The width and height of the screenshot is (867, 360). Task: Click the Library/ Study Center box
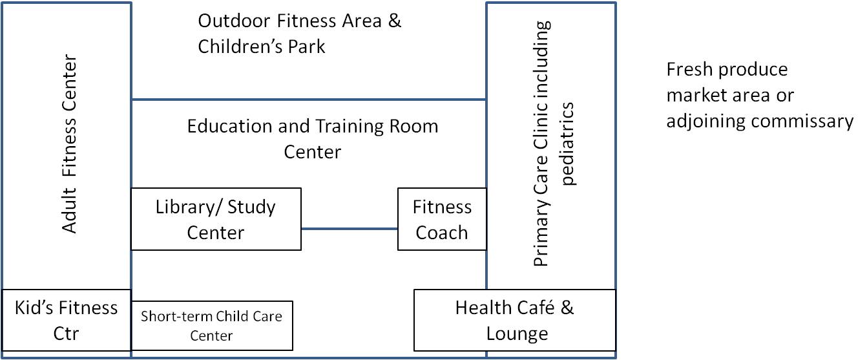(216, 219)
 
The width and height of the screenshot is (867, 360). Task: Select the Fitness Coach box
(442, 219)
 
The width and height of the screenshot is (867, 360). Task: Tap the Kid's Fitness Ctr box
(67, 319)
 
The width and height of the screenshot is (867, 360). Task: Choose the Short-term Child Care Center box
(211, 325)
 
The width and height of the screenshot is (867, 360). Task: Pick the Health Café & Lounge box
(514, 320)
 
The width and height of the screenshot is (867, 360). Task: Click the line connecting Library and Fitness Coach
(349, 229)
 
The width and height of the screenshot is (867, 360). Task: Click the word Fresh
(687, 70)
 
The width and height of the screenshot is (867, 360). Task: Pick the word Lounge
(514, 334)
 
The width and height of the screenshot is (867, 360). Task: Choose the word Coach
(442, 232)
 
